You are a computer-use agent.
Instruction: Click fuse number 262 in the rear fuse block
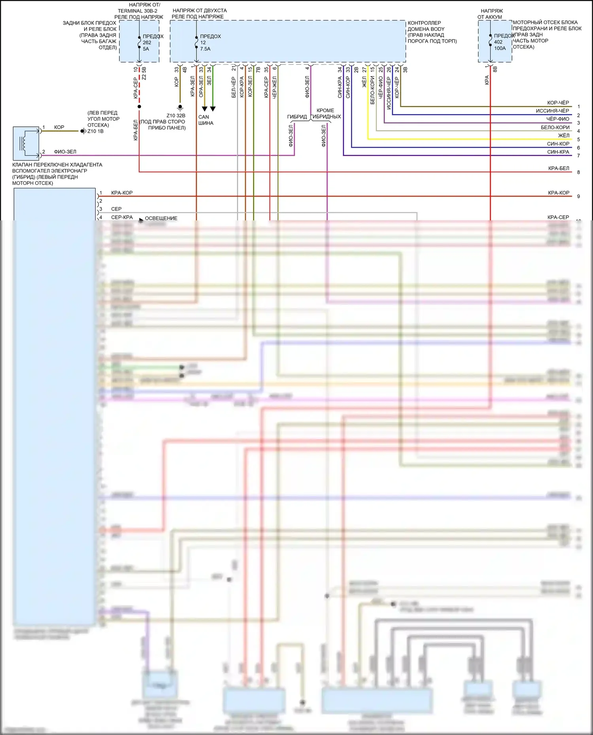147,43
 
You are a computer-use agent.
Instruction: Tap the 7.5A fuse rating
205,49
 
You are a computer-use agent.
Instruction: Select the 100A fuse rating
500,48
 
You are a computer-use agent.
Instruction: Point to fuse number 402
498,42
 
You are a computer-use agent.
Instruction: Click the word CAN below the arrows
204,117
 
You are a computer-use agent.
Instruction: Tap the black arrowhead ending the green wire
213,109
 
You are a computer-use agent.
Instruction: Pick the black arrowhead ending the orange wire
204,109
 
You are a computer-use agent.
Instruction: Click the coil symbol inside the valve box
24,143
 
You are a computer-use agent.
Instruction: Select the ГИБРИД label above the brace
297,117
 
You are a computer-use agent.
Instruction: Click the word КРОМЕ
325,111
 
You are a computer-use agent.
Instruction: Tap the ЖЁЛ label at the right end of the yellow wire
564,135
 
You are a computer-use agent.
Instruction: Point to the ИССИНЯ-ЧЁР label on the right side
552,111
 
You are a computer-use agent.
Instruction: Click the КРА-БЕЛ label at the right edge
559,168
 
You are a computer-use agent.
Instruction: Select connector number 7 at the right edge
578,156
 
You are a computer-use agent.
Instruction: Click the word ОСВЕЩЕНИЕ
161,218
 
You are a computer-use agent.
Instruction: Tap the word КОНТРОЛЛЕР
424,23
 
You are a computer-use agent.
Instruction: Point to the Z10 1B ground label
95,131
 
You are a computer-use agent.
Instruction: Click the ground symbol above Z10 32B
180,107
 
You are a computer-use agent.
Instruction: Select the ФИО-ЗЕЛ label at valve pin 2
65,152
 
